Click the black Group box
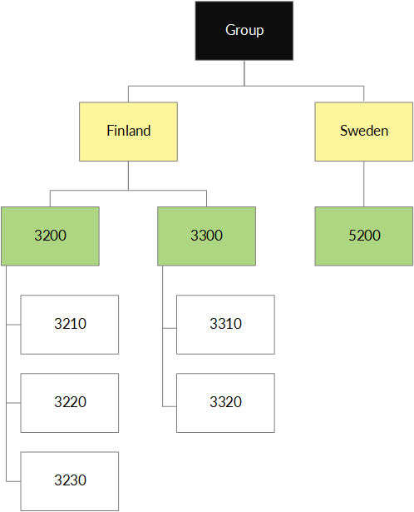tap(244, 31)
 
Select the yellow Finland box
tap(128, 132)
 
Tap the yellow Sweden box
tap(364, 132)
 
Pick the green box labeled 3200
tap(50, 236)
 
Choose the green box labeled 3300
tap(207, 236)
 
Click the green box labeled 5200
tap(364, 236)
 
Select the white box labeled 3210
tap(70, 325)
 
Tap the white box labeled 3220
tap(70, 403)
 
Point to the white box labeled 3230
tap(70, 481)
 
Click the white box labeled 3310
tap(225, 325)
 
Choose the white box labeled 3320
tap(225, 403)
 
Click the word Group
tap(244, 30)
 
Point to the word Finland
tap(129, 131)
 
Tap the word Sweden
tap(364, 131)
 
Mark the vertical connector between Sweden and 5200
tap(364, 184)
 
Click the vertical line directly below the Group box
tap(244, 73)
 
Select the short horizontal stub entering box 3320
tap(170, 406)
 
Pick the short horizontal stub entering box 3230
tap(13, 481)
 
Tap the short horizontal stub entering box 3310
tap(170, 328)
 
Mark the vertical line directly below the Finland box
tap(128, 176)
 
